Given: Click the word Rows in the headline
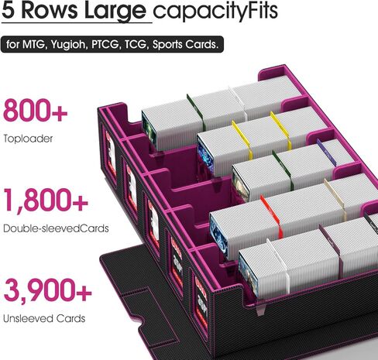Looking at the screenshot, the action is (x=50, y=10).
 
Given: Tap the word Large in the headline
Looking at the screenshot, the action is (x=115, y=12).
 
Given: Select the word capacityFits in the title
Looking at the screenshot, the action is (x=215, y=12).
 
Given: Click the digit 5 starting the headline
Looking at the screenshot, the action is (x=8, y=10).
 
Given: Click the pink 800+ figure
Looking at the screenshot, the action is (x=35, y=111).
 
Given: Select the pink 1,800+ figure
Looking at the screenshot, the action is (x=46, y=201).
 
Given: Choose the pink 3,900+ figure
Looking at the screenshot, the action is (x=47, y=290).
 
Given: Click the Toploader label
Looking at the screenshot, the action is (x=28, y=139).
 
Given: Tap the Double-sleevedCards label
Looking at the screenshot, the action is (x=56, y=228).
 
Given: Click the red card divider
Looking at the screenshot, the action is (x=272, y=216).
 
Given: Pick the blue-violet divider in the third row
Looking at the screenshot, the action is (x=326, y=153).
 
